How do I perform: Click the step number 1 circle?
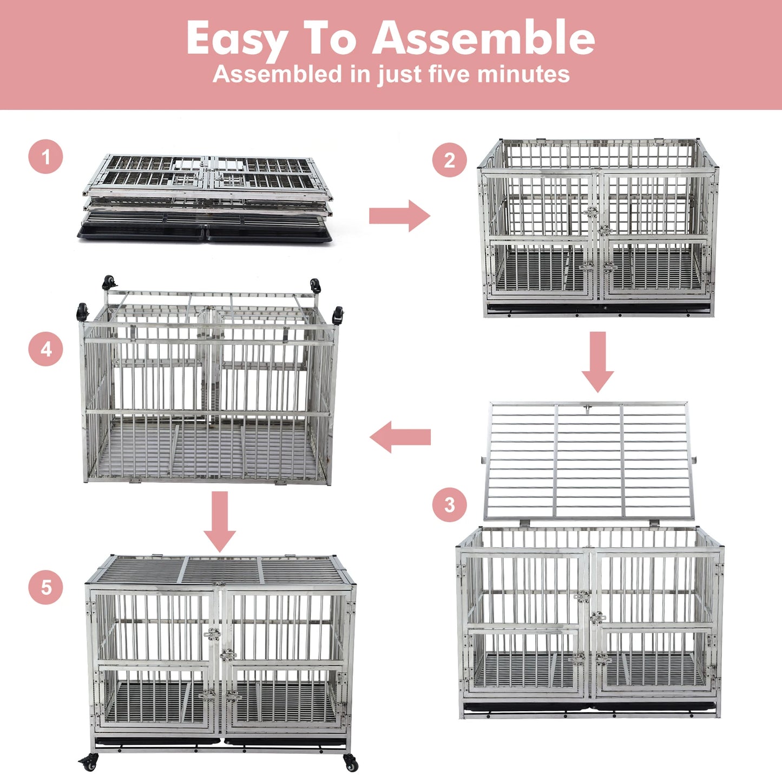coord(45,157)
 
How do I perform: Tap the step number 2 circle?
coord(449,160)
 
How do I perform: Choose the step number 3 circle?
coord(449,505)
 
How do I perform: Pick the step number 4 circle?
coord(45,349)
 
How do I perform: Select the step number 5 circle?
coord(45,587)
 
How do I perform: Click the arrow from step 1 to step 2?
coord(399,216)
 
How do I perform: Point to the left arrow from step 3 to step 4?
coord(400,437)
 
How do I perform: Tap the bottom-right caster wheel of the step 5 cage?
coord(351,763)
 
